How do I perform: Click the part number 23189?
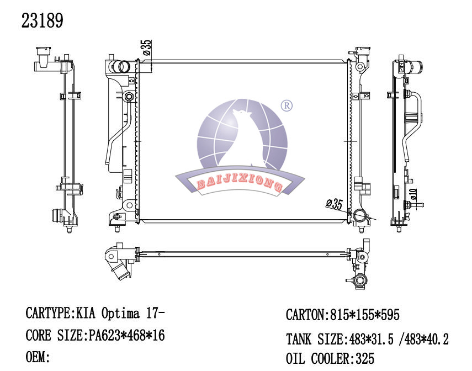42,20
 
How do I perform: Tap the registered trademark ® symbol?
287,105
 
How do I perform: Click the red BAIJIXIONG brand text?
240,182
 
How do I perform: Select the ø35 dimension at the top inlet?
147,47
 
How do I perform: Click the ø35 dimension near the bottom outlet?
335,204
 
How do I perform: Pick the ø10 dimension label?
414,194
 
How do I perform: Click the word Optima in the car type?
121,314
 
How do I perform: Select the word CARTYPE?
48,313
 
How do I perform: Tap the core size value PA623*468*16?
126,335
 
